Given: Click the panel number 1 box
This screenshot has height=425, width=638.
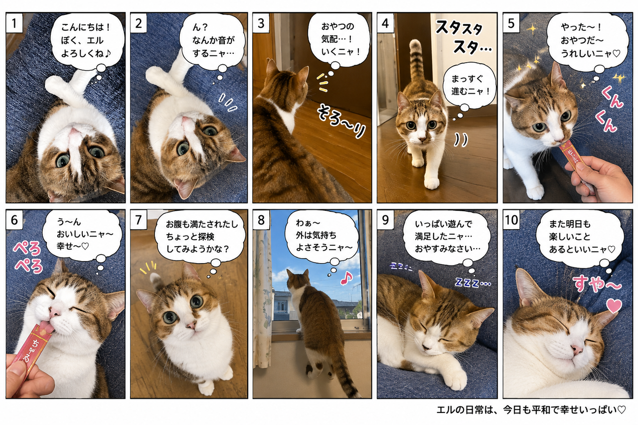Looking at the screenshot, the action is [x=14, y=23].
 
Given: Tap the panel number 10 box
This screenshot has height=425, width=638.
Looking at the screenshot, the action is [x=511, y=220].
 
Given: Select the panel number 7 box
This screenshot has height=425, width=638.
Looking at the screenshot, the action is [x=139, y=220].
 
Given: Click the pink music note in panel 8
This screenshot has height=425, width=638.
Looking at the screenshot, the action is [x=346, y=277].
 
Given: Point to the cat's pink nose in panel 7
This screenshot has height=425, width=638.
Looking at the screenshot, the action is [x=191, y=325].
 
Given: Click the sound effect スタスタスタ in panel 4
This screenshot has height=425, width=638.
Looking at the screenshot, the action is [x=463, y=37].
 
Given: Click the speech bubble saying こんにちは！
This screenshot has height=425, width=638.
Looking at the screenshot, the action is [x=86, y=40].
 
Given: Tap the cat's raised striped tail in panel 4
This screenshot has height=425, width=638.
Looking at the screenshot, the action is [x=416, y=62].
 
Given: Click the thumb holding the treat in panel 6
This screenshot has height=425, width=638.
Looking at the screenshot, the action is [x=17, y=372].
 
